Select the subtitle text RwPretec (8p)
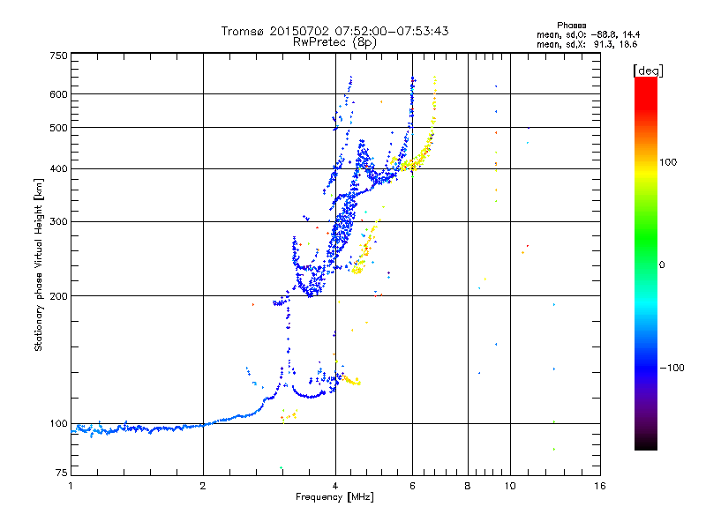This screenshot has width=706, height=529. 334,42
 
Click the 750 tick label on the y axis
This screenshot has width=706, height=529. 58,56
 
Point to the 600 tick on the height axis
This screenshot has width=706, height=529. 58,94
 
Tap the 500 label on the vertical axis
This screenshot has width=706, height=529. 58,128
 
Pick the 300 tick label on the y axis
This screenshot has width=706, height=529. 58,221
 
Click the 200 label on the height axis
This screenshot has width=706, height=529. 58,296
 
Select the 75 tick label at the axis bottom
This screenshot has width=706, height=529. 61,473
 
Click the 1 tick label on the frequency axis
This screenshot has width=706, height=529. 71,486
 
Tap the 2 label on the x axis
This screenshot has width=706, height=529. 203,486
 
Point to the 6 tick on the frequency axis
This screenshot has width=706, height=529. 412,486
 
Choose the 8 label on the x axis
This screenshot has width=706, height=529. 468,486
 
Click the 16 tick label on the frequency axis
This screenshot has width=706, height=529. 600,486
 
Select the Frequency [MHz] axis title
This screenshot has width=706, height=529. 334,497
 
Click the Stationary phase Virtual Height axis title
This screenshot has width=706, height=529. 38,265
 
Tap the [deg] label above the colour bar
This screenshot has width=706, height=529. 648,71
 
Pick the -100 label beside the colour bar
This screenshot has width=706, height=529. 672,368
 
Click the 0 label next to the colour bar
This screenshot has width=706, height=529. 662,264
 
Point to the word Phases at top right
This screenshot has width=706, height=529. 571,26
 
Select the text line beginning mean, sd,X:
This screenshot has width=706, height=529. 587,44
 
